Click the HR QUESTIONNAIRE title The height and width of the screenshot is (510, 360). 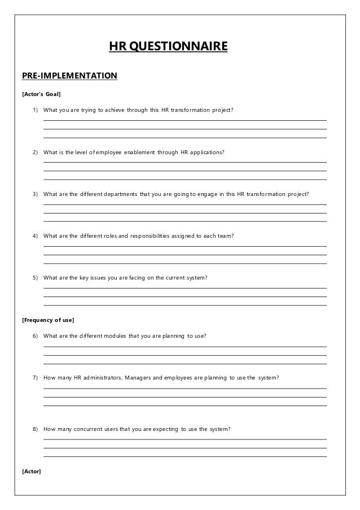coord(168,45)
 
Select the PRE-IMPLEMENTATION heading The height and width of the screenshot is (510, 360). coord(69,75)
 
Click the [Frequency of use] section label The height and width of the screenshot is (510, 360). coord(48,320)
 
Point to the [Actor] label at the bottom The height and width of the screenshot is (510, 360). coord(32,471)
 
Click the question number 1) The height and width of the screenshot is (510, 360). coord(35,110)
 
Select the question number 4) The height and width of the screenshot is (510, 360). coord(35,236)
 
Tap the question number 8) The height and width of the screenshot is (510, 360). coord(35,429)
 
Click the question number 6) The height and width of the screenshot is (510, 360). coord(35,336)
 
